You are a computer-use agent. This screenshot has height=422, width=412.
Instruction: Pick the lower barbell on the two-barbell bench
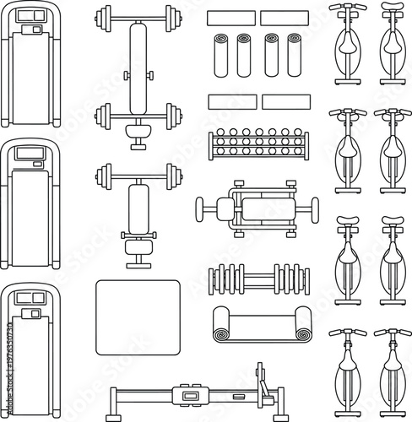(x=139, y=111)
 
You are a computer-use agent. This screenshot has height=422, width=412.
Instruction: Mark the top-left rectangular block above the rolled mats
(x=231, y=17)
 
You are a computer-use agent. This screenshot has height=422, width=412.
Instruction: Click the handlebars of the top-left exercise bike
(x=347, y=8)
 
